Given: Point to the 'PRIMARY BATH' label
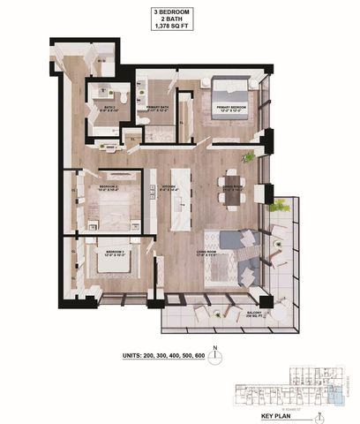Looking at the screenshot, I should point(159,106).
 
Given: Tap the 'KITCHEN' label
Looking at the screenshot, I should point(169,187).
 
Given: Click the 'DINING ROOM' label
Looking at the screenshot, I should point(232,187).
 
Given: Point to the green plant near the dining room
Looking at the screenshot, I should point(250,157).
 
